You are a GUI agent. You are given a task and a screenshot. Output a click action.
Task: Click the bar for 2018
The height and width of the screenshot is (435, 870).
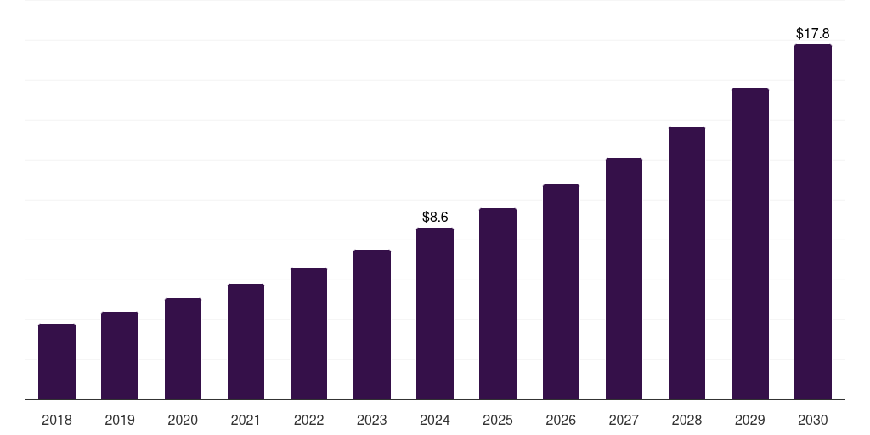tap(57, 362)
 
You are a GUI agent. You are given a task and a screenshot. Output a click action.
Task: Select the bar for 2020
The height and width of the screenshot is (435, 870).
tap(183, 349)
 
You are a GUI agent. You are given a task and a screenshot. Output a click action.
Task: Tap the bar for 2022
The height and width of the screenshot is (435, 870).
tap(308, 334)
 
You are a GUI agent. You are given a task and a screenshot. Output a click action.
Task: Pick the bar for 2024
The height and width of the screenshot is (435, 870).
tap(435, 314)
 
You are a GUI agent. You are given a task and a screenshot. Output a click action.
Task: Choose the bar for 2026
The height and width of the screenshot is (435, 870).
tap(561, 292)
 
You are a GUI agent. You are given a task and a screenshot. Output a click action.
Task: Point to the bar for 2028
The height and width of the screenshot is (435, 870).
tap(686, 263)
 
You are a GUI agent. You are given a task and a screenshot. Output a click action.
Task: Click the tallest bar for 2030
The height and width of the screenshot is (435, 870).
tap(813, 222)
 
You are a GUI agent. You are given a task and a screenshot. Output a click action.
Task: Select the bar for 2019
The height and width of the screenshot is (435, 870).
tap(120, 356)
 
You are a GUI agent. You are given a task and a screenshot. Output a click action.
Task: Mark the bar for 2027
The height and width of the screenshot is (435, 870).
tap(624, 279)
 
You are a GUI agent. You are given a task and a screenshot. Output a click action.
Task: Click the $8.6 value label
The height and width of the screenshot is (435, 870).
tap(435, 217)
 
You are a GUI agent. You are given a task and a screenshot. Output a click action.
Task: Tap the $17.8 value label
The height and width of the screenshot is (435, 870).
tap(813, 34)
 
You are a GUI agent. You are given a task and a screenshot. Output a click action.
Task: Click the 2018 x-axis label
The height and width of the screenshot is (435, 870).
tap(57, 420)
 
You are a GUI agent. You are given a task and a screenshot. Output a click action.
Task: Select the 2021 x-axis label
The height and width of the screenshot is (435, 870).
tap(246, 420)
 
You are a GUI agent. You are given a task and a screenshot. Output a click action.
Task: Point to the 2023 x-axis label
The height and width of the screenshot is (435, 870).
tap(372, 420)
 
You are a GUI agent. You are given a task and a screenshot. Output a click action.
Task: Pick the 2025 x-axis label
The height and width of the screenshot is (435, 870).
tap(498, 420)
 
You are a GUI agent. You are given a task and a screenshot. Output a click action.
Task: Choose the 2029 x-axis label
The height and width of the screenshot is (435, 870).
tap(750, 420)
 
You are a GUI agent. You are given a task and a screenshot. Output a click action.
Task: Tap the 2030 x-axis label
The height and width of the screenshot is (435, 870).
tap(813, 420)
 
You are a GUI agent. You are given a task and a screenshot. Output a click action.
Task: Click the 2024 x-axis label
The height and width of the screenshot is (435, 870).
tap(435, 420)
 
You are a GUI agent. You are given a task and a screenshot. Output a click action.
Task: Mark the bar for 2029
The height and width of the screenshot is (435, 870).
tap(750, 244)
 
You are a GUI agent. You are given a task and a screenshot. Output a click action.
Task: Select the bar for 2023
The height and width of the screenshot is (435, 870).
tap(372, 325)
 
